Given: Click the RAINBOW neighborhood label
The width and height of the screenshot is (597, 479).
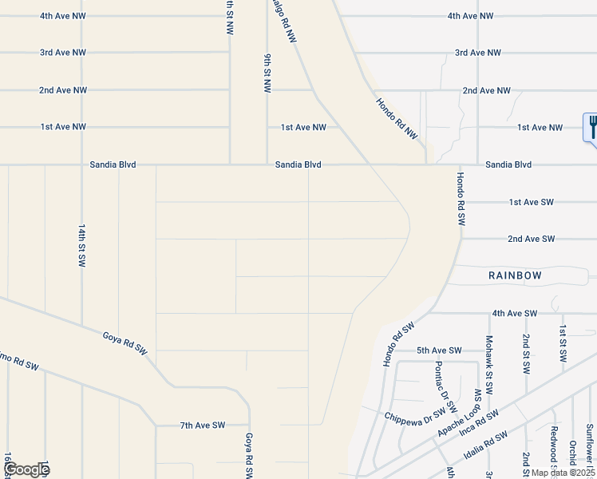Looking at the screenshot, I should click(515, 275).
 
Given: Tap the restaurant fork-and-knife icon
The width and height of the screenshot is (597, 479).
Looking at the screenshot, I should click(591, 126).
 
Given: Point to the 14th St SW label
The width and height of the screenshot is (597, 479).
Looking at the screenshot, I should click(81, 245).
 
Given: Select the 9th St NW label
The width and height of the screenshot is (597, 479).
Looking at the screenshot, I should click(267, 74).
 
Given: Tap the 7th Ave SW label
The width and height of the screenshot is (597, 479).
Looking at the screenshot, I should click(203, 426).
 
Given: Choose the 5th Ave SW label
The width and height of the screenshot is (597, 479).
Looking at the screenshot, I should click(439, 350).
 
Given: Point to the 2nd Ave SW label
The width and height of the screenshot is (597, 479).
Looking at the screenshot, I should click(531, 239).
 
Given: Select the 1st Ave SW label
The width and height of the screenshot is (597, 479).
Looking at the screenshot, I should click(531, 202).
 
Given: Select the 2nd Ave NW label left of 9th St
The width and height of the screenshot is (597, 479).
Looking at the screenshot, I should click(63, 90).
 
